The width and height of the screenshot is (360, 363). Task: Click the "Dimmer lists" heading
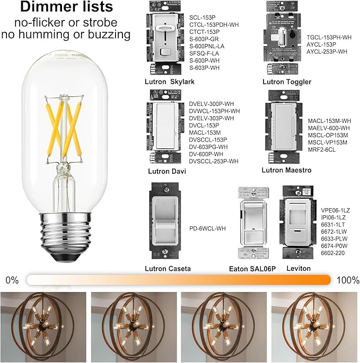66,8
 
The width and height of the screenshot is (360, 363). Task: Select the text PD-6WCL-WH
207,228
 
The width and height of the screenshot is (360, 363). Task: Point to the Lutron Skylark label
170,82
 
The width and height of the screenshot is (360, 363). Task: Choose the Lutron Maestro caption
286,170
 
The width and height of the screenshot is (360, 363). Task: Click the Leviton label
298,269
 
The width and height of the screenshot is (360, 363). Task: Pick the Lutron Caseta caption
168,269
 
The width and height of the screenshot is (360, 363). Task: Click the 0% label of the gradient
12,279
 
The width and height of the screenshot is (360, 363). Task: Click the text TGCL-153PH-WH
329,38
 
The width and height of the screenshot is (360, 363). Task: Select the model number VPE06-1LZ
332,210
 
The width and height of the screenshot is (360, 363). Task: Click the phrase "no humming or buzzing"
66,34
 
